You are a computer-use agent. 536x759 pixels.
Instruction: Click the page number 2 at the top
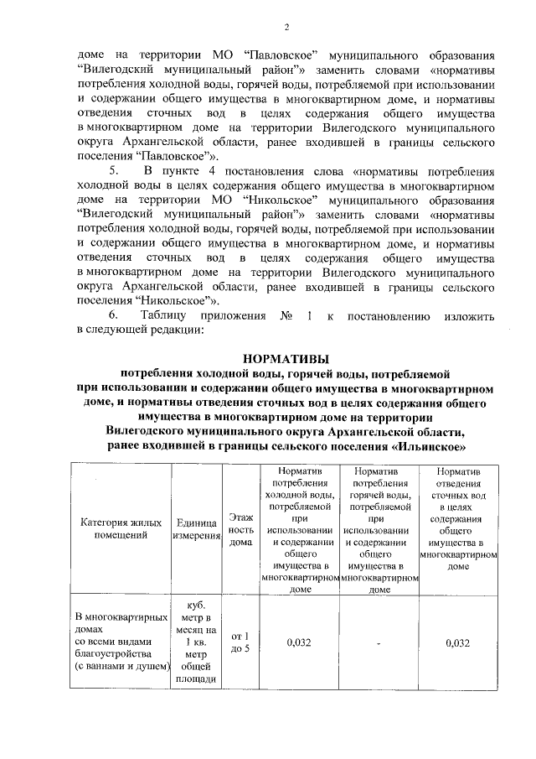(285, 28)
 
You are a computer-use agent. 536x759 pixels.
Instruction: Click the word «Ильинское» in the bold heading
(428, 445)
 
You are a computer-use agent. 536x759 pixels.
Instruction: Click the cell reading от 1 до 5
(240, 642)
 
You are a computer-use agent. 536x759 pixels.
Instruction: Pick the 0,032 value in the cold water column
(299, 642)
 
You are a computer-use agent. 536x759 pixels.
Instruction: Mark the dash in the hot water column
(379, 643)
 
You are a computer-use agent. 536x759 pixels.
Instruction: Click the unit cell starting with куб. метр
(197, 642)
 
